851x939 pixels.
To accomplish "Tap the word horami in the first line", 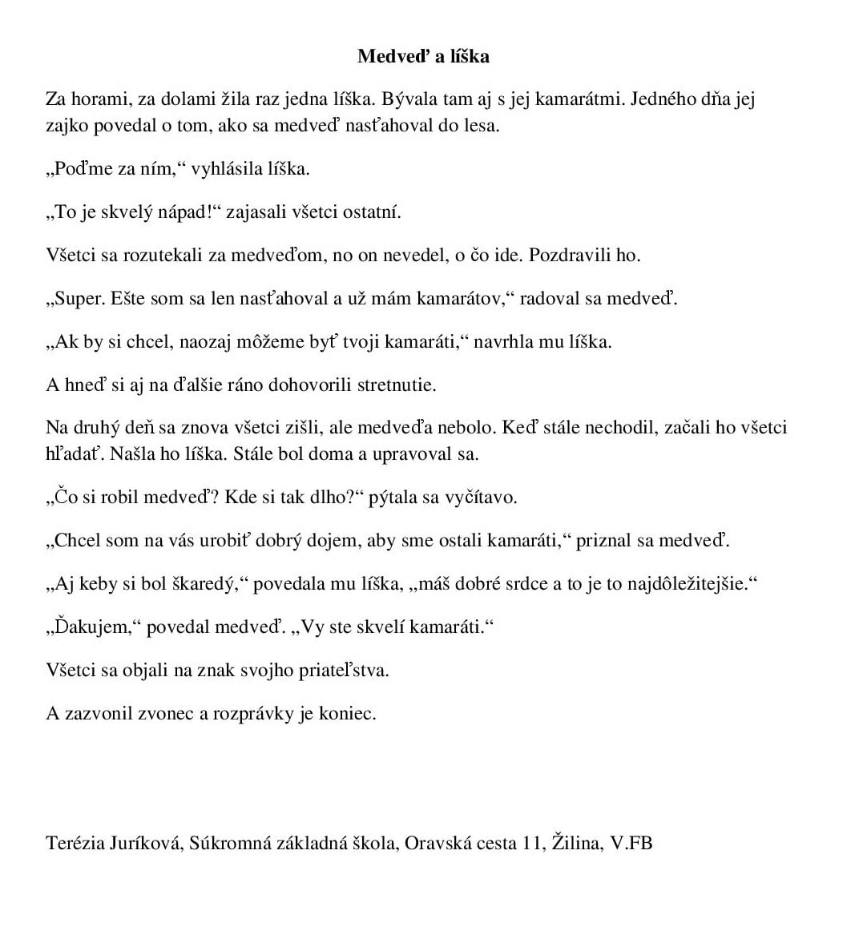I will (98, 99).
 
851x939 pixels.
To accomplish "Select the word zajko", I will (67, 126).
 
